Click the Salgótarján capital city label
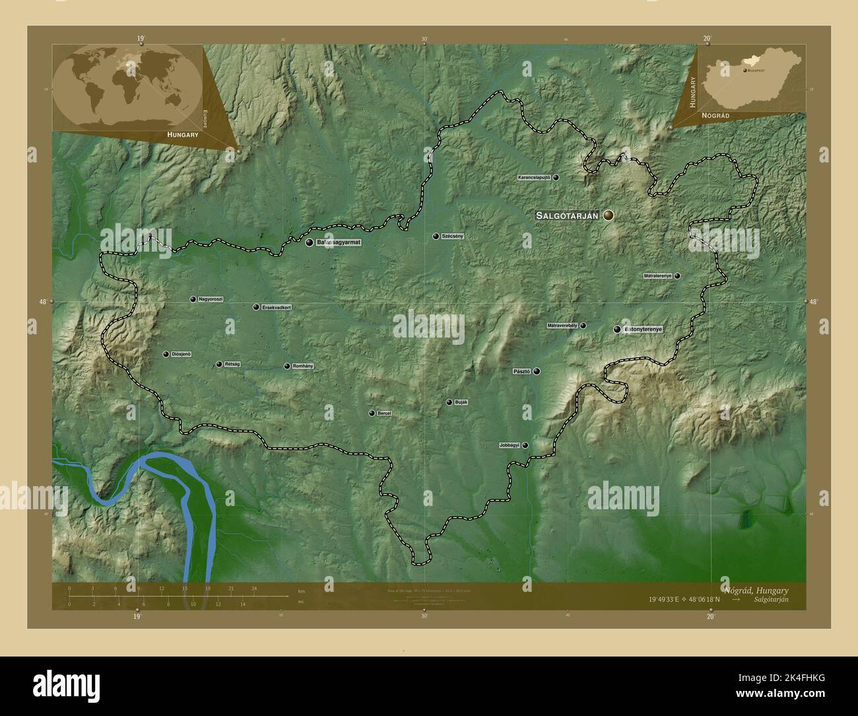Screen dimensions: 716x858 [x=567, y=215]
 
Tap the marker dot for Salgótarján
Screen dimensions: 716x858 [x=608, y=215]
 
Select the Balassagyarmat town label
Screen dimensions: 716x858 [x=339, y=242]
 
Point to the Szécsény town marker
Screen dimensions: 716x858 [x=436, y=236]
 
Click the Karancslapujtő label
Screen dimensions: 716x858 [x=534, y=178]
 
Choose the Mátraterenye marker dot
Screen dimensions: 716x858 [x=677, y=276]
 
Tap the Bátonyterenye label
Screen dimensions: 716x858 [x=643, y=329]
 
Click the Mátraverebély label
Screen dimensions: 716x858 [x=562, y=326]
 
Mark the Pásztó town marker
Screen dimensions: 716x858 [x=537, y=371]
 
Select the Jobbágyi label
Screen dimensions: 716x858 [x=510, y=446]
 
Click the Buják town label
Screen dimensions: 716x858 [x=461, y=402]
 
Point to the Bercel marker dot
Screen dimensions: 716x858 [x=372, y=413]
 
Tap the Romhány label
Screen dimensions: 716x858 [x=302, y=366]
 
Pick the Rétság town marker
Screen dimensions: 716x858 [x=219, y=364]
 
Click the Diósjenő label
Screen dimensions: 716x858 [x=181, y=355]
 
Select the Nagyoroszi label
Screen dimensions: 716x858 [x=211, y=299]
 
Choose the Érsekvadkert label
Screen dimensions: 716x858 [x=277, y=307]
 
